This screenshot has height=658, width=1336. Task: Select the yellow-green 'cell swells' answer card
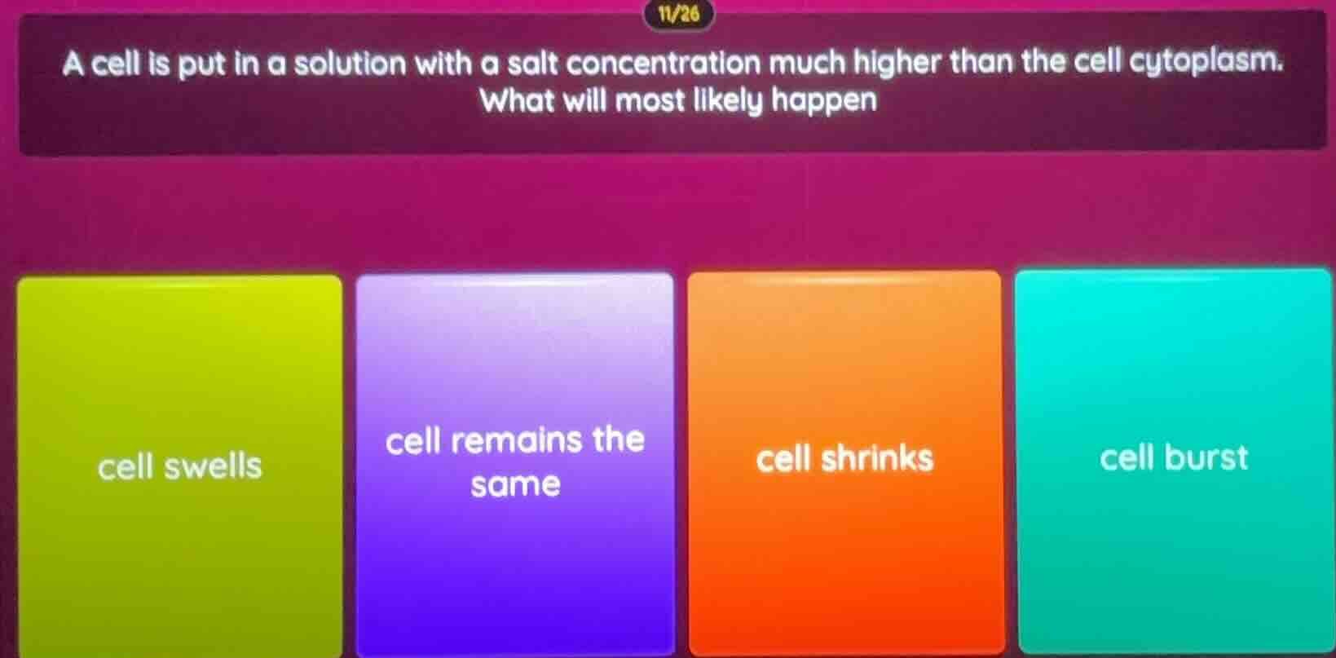[x=179, y=465]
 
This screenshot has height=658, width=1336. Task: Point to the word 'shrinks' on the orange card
[x=876, y=459]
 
